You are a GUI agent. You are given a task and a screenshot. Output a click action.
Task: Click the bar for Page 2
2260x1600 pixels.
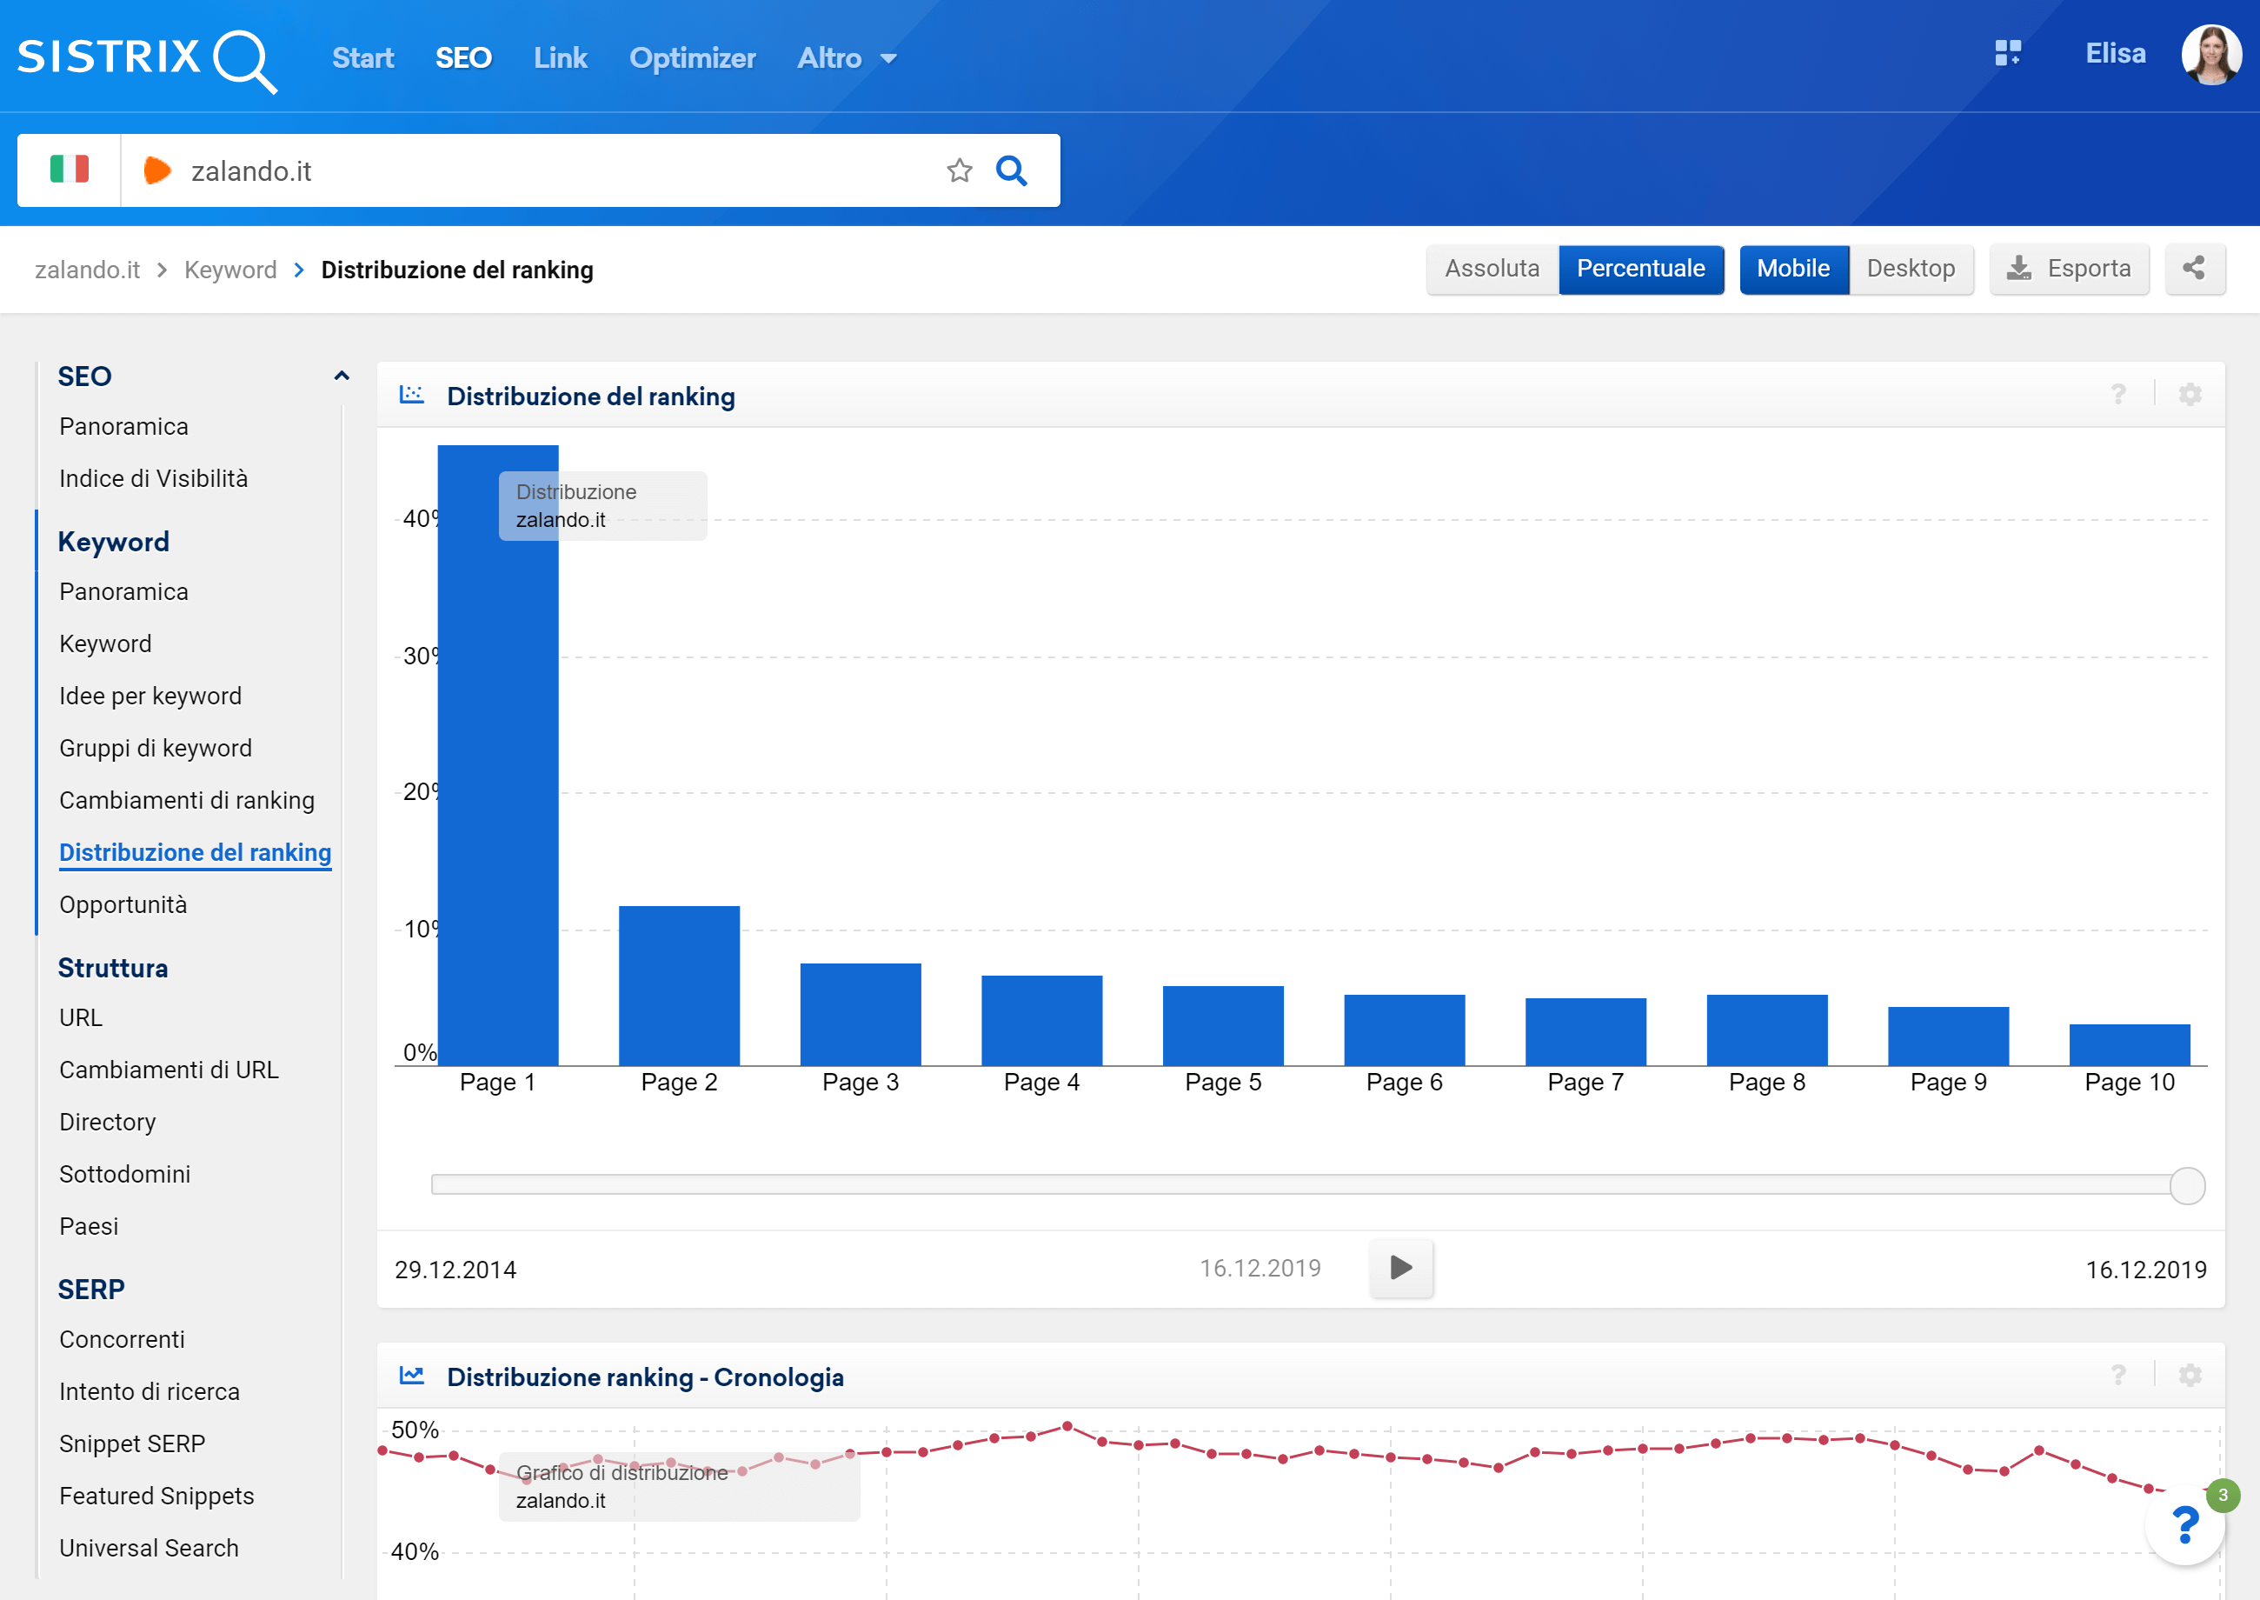pyautogui.click(x=679, y=985)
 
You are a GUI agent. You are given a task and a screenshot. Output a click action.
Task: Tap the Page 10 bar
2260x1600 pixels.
pyautogui.click(x=2129, y=1045)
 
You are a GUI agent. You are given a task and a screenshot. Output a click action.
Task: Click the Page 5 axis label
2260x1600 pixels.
pyautogui.click(x=1222, y=1082)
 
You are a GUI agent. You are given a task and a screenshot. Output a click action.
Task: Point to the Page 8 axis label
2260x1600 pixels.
pyautogui.click(x=1766, y=1082)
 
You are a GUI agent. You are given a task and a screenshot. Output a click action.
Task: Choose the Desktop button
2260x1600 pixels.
pyautogui.click(x=1911, y=269)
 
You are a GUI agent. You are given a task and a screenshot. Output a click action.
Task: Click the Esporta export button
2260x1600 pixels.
pyautogui.click(x=2069, y=269)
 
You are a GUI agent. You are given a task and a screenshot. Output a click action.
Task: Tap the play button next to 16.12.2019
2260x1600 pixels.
pyautogui.click(x=1400, y=1268)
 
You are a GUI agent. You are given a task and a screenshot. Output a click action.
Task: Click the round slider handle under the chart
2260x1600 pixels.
pyautogui.click(x=2186, y=1185)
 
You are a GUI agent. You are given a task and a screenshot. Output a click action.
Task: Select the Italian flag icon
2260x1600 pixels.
pyautogui.click(x=69, y=170)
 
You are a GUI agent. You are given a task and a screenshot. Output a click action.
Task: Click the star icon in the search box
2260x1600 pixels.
pyautogui.click(x=959, y=171)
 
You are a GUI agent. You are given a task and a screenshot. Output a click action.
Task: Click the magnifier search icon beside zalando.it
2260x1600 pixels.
pyautogui.click(x=1011, y=171)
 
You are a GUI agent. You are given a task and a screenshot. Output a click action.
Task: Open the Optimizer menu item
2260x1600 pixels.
pyautogui.click(x=692, y=58)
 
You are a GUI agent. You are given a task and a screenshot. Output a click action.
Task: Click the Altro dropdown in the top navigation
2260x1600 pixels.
pyautogui.click(x=846, y=58)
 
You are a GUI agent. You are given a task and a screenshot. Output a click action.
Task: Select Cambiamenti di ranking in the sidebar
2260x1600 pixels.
pyautogui.click(x=187, y=800)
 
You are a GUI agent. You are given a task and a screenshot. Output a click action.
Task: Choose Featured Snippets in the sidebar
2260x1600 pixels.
pyautogui.click(x=156, y=1496)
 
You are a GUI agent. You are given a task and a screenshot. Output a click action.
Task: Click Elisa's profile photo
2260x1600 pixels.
pyautogui.click(x=2210, y=55)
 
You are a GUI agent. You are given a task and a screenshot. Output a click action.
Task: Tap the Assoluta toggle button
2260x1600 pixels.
pyautogui.click(x=1492, y=269)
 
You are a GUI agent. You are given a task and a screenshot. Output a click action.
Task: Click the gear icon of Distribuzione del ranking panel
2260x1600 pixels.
pyautogui.click(x=2190, y=395)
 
